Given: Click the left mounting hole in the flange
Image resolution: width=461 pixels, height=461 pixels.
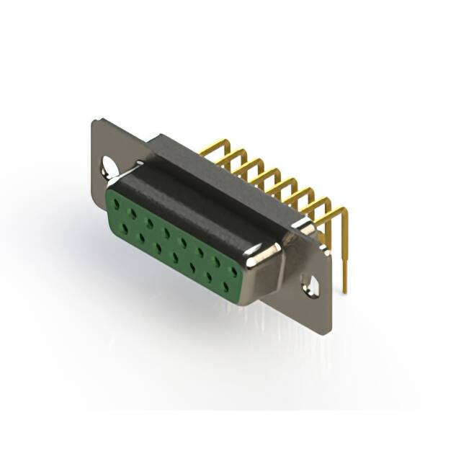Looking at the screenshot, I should [108, 166].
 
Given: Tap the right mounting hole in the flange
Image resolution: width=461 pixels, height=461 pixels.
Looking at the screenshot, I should [312, 287].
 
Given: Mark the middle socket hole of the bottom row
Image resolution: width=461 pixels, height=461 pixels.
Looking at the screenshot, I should [175, 257].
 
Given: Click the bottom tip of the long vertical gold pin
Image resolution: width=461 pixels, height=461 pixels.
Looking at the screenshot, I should [344, 292].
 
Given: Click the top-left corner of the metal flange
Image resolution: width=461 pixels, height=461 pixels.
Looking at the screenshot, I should [95, 122].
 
